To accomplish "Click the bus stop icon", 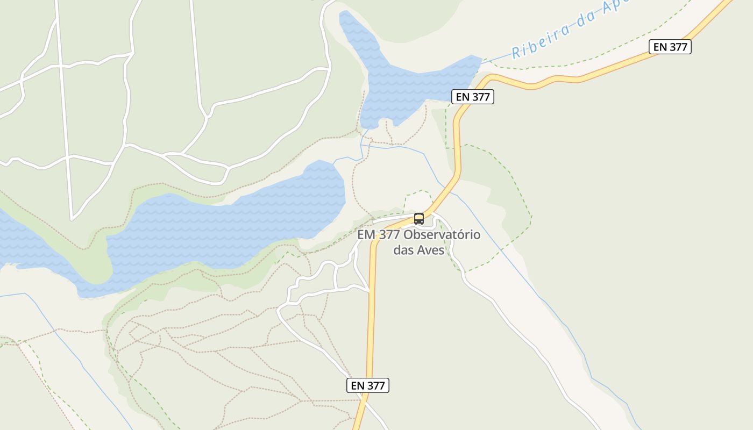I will tap(419, 219).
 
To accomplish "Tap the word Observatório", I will tap(442, 235).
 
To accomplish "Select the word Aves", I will tap(430, 250).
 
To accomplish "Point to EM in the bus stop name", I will tap(366, 235).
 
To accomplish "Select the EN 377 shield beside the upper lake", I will tap(472, 97).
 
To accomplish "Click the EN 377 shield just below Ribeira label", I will tap(670, 47).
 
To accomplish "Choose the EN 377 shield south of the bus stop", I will tap(367, 385).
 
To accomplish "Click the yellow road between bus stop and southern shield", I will tap(371, 312).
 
